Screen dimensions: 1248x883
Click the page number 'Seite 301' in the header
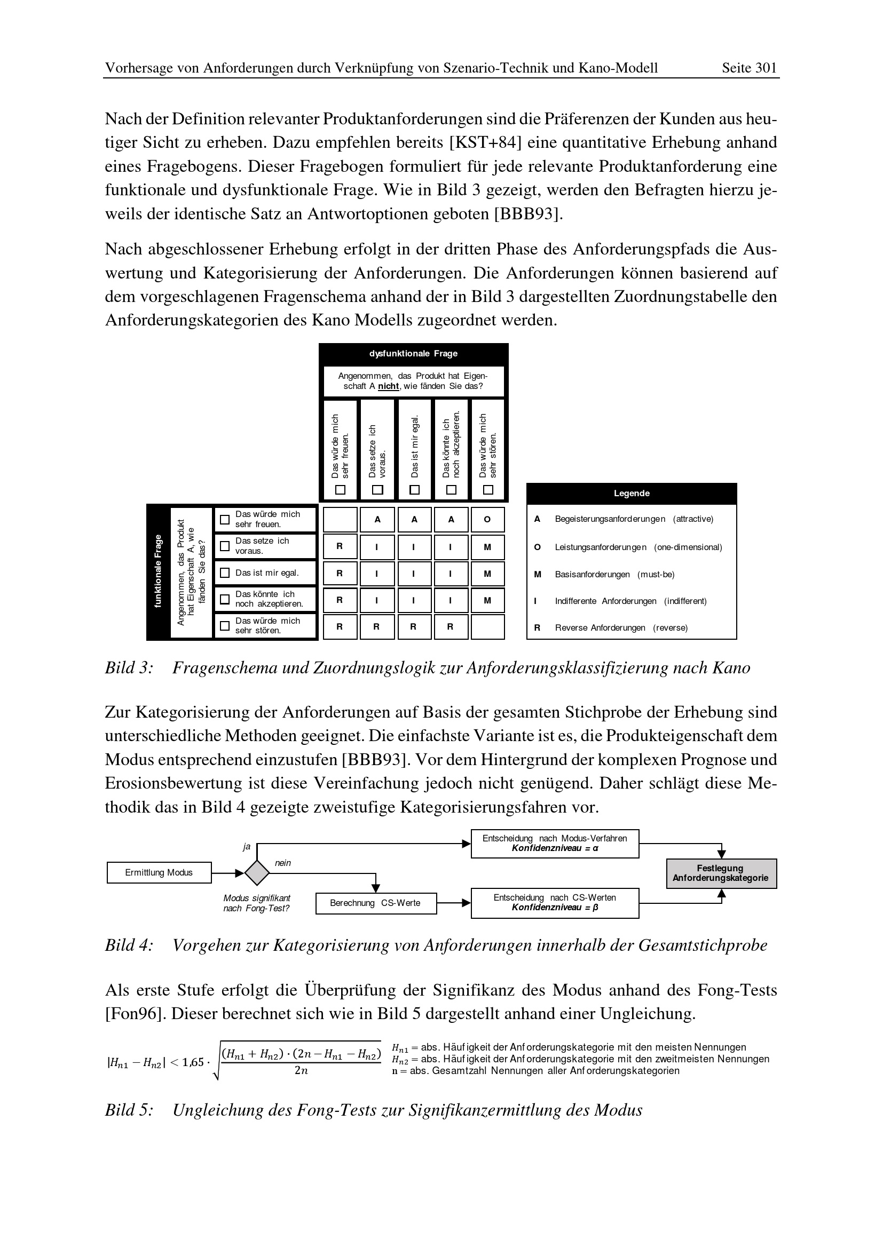[748, 68]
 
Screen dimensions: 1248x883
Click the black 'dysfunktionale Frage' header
[413, 354]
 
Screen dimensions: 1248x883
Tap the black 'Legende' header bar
[631, 494]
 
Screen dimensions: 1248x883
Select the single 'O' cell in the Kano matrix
[487, 520]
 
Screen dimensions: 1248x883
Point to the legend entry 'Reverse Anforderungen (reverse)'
[621, 628]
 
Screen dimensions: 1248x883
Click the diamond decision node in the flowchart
[257, 873]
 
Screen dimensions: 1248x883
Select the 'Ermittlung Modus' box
[159, 873]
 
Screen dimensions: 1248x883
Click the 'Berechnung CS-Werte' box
[375, 903]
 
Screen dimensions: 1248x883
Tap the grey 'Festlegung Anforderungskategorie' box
[721, 873]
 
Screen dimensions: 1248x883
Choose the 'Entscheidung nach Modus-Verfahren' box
[555, 844]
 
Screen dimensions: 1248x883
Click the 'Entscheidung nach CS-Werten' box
[555, 903]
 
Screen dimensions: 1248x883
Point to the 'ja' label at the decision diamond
[246, 846]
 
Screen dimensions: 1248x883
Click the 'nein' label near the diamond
[283, 863]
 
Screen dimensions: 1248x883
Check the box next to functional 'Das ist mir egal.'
[225, 573]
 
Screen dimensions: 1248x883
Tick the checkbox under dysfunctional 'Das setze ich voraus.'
[377, 490]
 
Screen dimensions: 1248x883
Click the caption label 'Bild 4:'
[129, 945]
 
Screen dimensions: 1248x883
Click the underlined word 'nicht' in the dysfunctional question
[389, 386]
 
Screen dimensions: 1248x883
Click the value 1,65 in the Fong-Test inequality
[193, 1063]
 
